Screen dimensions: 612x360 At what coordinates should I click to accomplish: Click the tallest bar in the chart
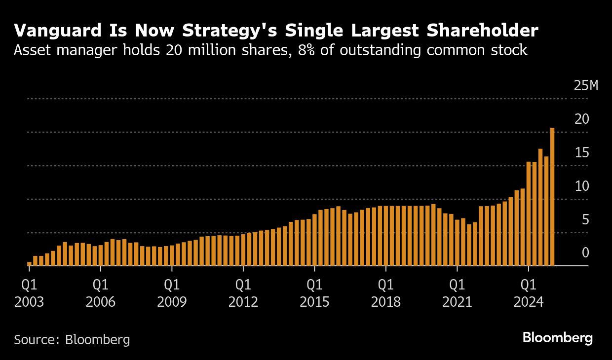pos(552,196)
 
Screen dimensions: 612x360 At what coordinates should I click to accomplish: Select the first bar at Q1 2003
pos(29,264)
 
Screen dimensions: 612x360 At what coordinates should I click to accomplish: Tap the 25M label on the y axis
pos(586,86)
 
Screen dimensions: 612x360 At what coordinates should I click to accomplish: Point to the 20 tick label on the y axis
pos(582,119)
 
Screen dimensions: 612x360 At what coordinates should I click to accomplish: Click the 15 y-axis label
pos(582,152)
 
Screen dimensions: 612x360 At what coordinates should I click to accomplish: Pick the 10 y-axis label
pos(582,186)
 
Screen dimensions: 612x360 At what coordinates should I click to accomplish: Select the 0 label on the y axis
pos(585,252)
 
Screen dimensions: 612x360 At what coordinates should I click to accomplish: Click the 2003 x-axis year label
pos(29,302)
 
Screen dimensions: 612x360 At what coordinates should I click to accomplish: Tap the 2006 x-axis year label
pos(101,302)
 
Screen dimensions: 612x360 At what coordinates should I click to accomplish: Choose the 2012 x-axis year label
pos(243,302)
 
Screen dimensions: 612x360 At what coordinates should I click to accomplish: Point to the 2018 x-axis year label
pos(386,302)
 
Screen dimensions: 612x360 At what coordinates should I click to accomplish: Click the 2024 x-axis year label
pos(529,302)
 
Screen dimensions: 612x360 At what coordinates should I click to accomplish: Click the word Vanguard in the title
pos(58,31)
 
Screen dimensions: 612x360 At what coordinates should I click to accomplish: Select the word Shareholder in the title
pos(483,30)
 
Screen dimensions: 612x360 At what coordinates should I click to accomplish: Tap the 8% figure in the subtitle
pos(306,50)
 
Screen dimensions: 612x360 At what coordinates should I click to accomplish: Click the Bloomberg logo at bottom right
pos(558,338)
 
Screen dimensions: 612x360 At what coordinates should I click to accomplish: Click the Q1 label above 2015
pos(314,285)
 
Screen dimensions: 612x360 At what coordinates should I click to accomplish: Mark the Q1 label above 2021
pos(457,285)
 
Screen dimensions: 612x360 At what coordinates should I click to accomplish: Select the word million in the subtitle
pos(212,50)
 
